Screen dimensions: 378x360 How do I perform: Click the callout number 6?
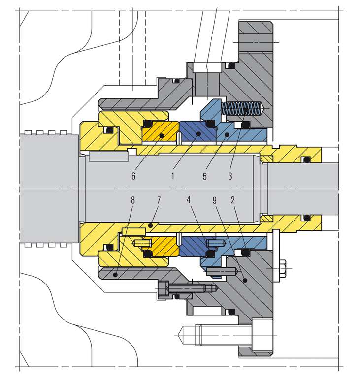coord(133,175)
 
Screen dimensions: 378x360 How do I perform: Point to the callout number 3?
coord(230,175)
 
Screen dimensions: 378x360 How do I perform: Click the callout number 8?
coord(132,200)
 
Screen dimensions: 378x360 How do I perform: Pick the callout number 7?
coord(158,200)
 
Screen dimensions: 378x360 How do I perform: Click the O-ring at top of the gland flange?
coord(229,65)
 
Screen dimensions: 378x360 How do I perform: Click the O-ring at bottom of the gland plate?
coord(230,312)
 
